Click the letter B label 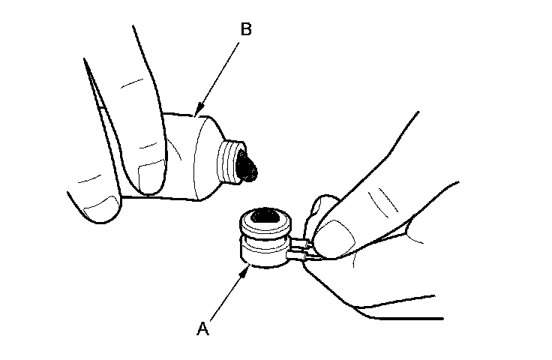[247, 31]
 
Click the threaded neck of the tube [233, 160]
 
